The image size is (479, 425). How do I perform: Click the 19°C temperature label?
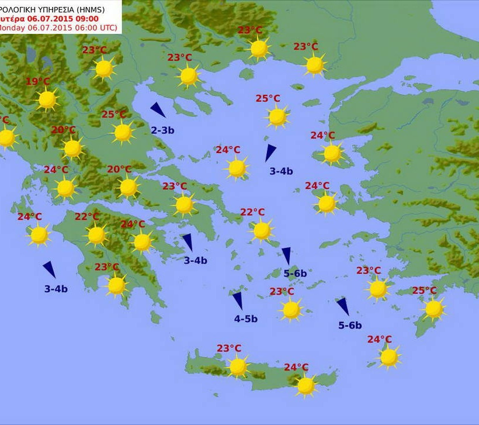(38, 81)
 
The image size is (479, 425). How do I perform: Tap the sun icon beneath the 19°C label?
(47, 100)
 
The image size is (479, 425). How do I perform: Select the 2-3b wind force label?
(162, 130)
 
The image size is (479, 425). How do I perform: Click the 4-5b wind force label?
(246, 319)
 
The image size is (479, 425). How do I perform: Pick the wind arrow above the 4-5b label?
(238, 300)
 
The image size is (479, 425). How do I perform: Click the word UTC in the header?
(107, 27)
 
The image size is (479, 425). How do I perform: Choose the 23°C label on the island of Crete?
(229, 348)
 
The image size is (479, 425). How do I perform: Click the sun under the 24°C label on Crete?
(306, 385)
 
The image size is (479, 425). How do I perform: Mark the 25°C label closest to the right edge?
(424, 291)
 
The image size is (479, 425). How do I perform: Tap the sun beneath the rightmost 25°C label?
(433, 309)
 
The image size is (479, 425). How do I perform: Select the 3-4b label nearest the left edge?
(56, 288)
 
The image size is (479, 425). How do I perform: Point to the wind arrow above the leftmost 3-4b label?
(50, 269)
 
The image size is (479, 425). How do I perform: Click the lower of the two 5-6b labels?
(350, 326)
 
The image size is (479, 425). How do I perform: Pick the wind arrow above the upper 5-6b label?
(286, 255)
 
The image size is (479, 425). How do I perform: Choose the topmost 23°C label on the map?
(249, 30)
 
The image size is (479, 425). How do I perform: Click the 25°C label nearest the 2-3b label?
(114, 115)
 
